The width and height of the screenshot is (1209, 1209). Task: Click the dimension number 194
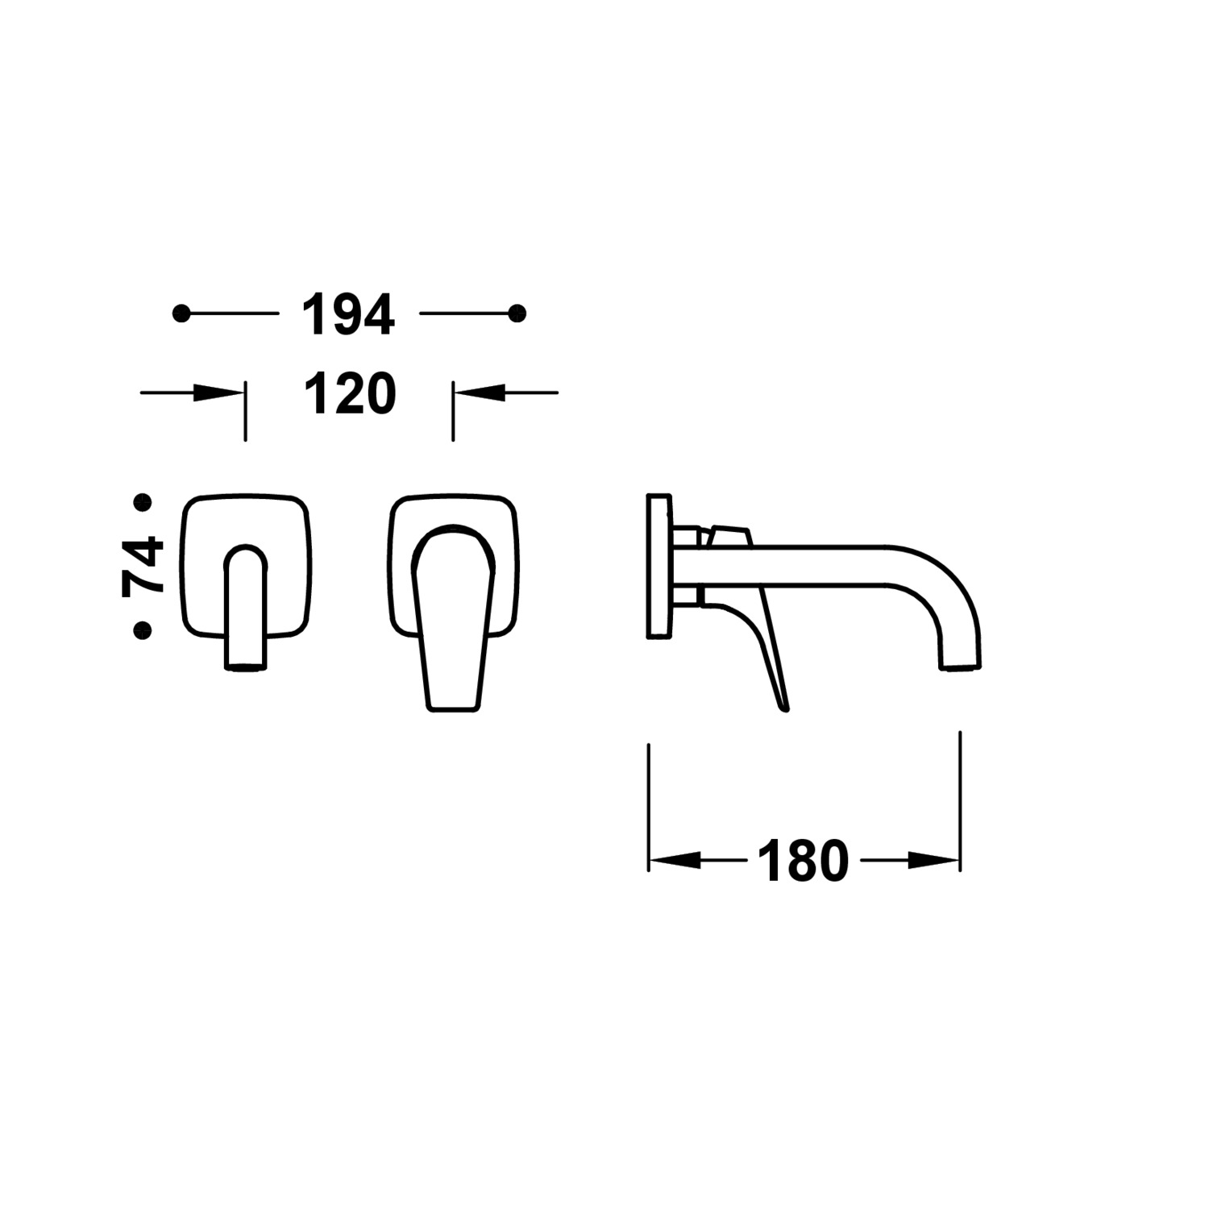coord(348,314)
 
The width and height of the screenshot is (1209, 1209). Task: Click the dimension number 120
coord(350,394)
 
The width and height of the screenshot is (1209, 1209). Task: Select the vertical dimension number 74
coord(143,566)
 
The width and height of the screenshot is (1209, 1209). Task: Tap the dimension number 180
coord(803,862)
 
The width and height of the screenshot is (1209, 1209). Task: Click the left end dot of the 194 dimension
coord(181,314)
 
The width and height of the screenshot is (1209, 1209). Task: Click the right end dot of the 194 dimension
coord(517,313)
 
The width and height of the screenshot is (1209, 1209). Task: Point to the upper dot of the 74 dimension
coord(143,504)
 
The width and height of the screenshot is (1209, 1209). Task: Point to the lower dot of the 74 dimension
coord(143,629)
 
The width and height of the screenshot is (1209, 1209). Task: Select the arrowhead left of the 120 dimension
coord(219,393)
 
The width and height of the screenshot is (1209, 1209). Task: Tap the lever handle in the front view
coord(454,621)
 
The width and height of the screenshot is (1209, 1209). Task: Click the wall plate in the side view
coord(659,566)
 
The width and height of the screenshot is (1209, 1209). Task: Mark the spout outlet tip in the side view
coord(961,666)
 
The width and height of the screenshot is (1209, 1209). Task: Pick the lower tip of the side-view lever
coord(784,708)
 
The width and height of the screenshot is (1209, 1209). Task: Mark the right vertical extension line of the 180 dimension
coord(960,798)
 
